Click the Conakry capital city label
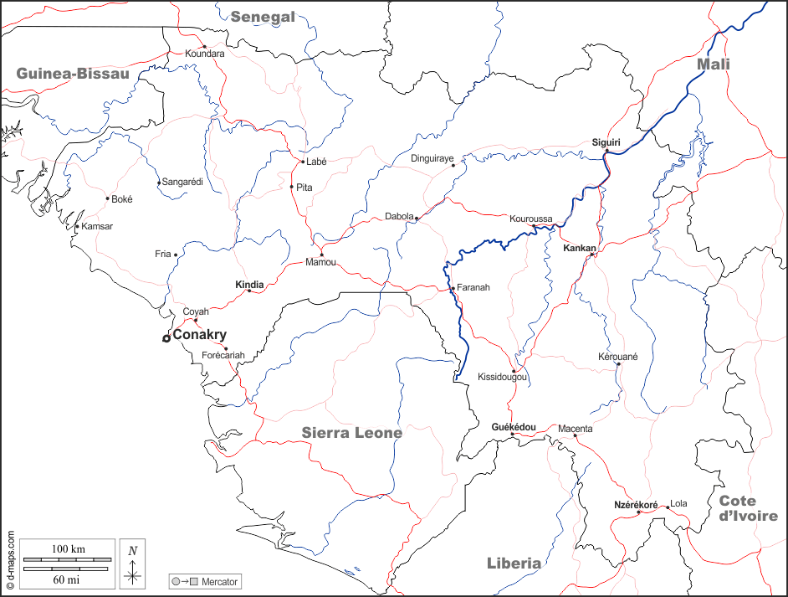[x=199, y=335]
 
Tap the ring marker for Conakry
[x=166, y=338]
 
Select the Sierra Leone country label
[x=352, y=433]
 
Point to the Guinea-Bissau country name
[x=73, y=74]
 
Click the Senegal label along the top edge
[x=264, y=17]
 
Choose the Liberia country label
[x=514, y=564]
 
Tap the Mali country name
[x=714, y=64]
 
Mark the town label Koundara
[x=205, y=54]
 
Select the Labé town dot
[x=302, y=162]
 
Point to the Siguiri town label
[x=606, y=142]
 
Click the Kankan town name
[x=580, y=249]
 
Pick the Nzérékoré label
[x=636, y=505]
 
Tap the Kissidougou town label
[x=502, y=378]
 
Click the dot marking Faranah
[x=453, y=289]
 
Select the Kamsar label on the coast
[x=97, y=226]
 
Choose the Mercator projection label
[x=220, y=581]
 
